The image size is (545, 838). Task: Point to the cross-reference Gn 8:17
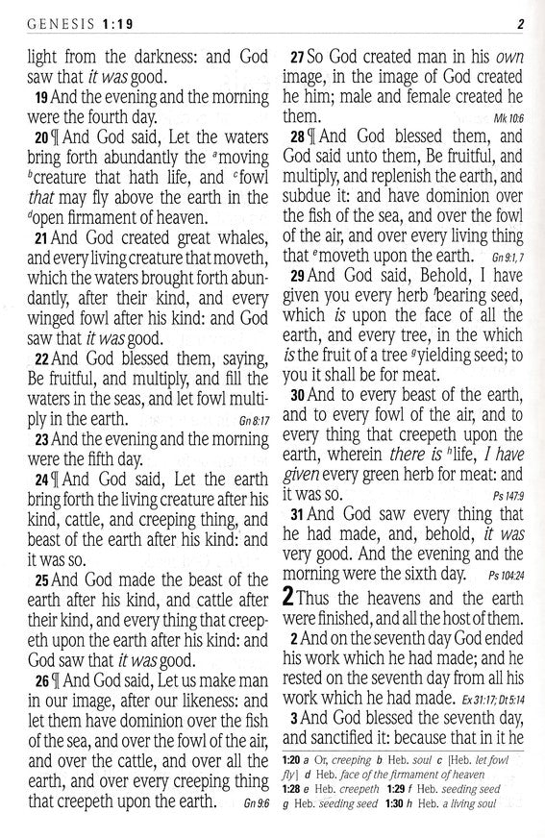click(250, 420)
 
